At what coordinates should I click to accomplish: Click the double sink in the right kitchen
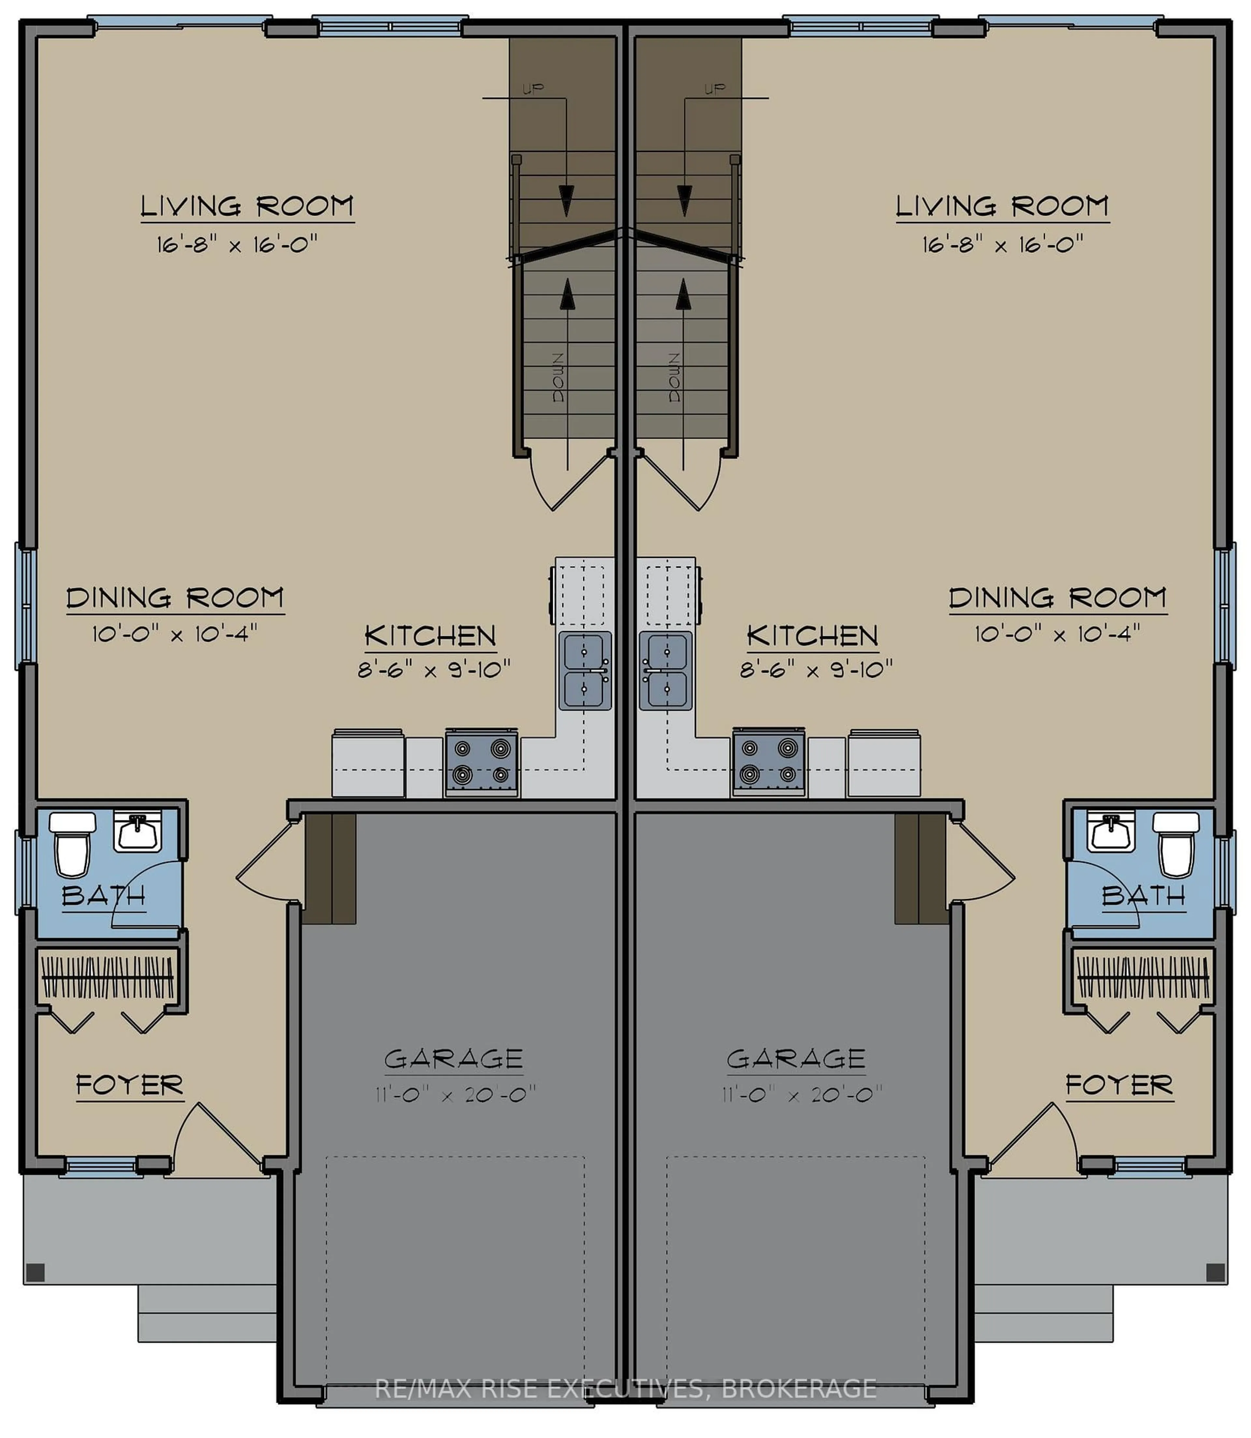666,670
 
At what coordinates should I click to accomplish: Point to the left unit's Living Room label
247,206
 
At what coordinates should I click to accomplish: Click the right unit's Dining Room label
1057,598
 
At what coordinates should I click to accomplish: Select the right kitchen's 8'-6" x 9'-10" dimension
816,670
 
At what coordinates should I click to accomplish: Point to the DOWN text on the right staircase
674,377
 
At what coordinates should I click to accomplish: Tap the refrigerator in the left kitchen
368,763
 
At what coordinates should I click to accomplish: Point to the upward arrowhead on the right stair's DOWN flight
683,293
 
